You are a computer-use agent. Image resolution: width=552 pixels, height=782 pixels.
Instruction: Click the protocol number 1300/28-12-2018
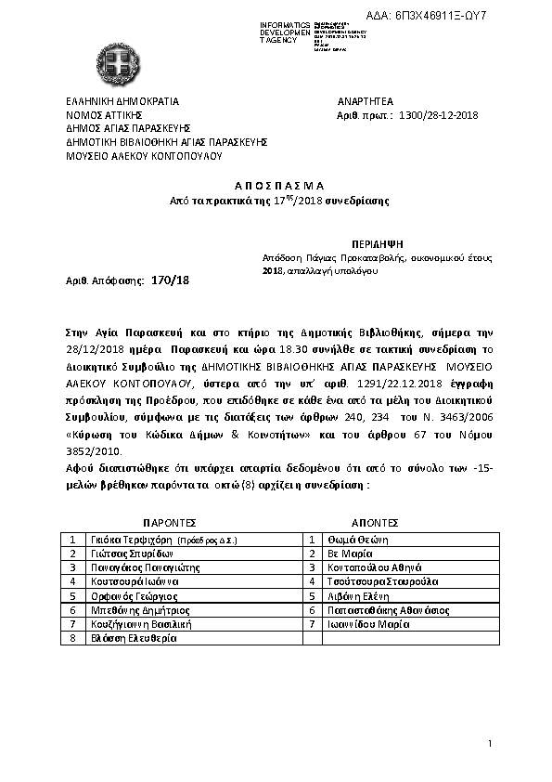click(x=437, y=115)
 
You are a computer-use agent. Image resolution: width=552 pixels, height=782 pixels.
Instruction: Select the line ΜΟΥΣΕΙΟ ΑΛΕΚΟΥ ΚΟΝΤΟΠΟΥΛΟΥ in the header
click(x=144, y=157)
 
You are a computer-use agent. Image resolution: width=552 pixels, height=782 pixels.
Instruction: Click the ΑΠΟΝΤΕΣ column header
click(x=375, y=522)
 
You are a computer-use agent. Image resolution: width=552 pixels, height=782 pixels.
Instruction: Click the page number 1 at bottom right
click(x=489, y=744)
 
